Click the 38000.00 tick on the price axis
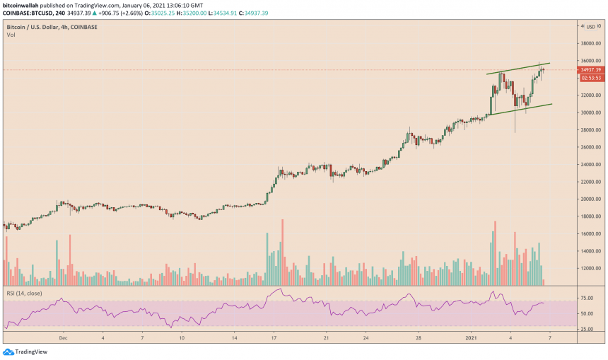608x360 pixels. (590, 43)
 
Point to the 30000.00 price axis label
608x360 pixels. (590, 112)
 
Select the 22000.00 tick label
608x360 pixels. (590, 182)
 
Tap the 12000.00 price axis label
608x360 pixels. (590, 268)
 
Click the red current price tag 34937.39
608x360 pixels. (590, 70)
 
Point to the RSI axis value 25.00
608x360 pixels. (587, 329)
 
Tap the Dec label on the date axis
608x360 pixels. (62, 338)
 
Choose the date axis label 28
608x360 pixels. (419, 338)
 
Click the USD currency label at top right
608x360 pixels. (592, 27)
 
